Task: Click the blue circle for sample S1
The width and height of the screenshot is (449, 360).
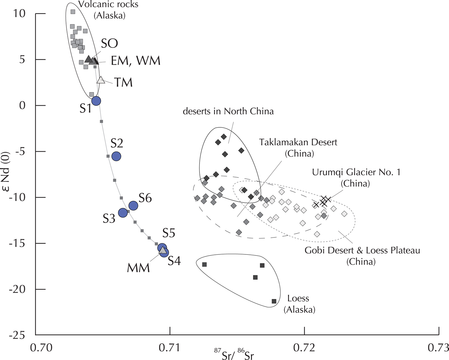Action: (96, 101)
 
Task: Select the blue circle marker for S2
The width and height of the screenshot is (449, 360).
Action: (116, 156)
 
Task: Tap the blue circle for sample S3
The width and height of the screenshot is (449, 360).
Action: (123, 212)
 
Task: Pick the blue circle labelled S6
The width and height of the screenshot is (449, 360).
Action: (133, 205)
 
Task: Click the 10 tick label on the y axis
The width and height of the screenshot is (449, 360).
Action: (19, 14)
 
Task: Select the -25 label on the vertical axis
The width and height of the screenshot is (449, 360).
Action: (17, 335)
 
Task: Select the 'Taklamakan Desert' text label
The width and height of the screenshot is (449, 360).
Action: (298, 142)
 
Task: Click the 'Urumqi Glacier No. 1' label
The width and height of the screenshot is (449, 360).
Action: (356, 172)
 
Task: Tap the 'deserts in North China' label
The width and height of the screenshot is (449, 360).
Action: (228, 111)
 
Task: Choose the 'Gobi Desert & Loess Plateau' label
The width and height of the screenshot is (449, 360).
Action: (362, 250)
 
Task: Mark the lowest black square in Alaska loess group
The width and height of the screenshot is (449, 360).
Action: (274, 301)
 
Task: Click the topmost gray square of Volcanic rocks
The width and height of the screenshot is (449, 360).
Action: (73, 12)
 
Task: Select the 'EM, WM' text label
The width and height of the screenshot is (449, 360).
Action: (136, 61)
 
